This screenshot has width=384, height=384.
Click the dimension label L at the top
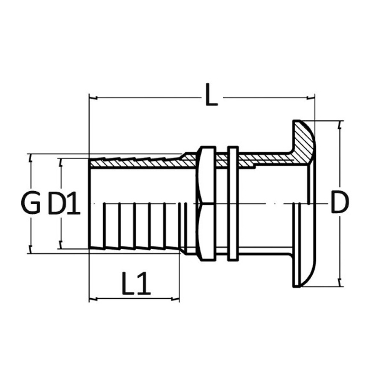click(211, 95)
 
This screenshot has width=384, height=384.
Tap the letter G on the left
click(31, 203)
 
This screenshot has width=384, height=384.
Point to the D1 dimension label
click(64, 203)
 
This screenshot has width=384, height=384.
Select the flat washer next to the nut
click(233, 204)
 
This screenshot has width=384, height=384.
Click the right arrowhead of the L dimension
click(310, 98)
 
